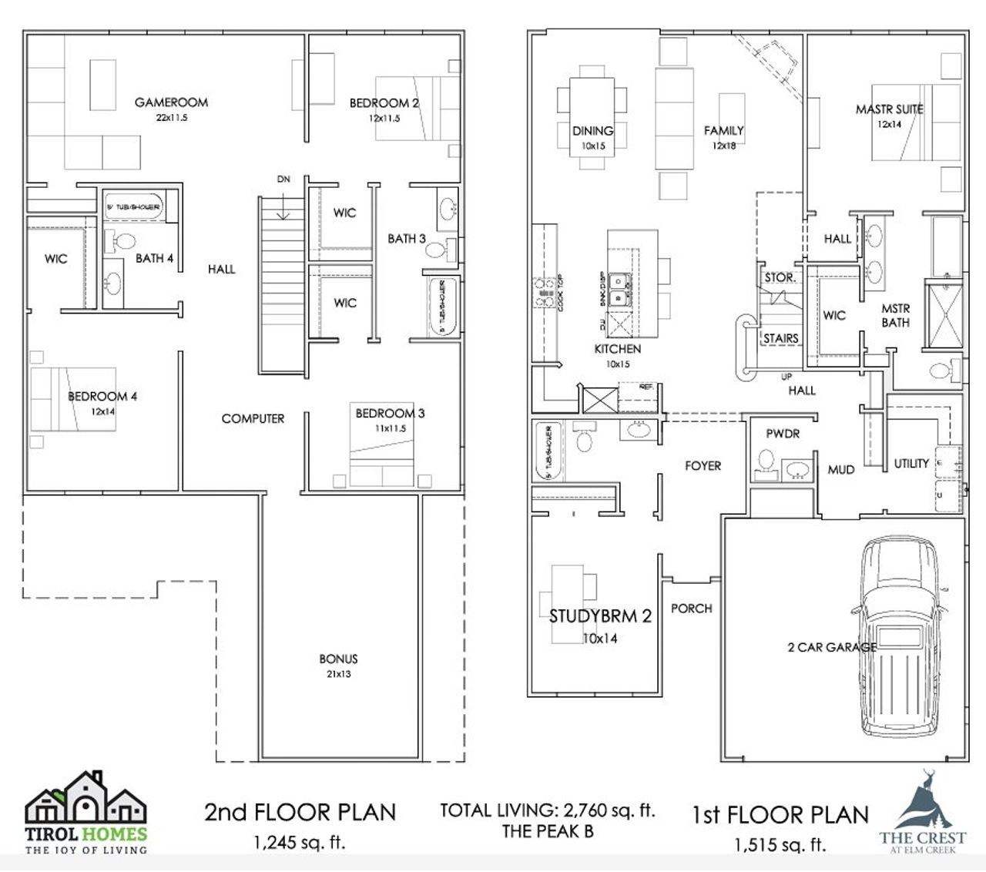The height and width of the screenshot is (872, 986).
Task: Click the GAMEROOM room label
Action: [x=171, y=102]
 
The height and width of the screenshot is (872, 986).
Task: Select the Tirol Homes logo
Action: [x=86, y=813]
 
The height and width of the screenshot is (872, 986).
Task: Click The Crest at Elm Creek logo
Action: [x=923, y=811]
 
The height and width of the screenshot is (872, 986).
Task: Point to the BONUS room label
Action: [x=338, y=659]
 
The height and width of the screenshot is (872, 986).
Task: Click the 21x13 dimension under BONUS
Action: [x=338, y=674]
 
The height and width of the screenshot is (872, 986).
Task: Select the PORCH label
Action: [x=691, y=609]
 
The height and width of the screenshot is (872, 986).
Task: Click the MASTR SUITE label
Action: [x=889, y=109]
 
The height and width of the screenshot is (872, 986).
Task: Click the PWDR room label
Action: [x=783, y=434]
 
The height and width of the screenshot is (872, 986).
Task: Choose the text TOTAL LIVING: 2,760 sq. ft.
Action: [x=547, y=810]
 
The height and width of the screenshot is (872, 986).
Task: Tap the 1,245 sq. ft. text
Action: [x=300, y=843]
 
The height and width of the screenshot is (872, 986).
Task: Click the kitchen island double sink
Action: [x=618, y=289]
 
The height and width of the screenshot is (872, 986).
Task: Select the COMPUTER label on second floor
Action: [x=253, y=419]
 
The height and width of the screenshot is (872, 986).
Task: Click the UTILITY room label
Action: [x=911, y=464]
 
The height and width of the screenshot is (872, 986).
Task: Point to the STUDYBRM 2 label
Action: [x=600, y=616]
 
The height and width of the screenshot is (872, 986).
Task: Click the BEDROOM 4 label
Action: [x=102, y=397]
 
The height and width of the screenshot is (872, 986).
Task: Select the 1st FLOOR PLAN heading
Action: [x=780, y=815]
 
